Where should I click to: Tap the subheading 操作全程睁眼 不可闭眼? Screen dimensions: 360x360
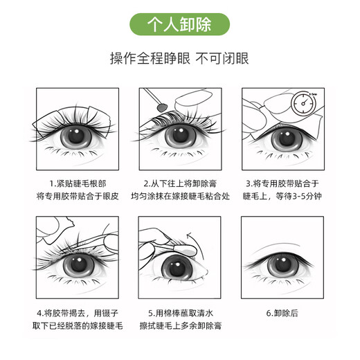click(179, 59)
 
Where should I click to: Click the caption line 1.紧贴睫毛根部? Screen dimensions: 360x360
click(78, 183)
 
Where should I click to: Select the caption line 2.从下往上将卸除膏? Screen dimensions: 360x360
click(179, 183)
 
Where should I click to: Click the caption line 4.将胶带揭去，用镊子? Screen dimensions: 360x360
click(78, 312)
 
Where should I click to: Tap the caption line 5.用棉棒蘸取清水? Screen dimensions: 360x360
click(179, 312)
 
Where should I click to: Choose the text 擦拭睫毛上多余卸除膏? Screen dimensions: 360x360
click(179, 325)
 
